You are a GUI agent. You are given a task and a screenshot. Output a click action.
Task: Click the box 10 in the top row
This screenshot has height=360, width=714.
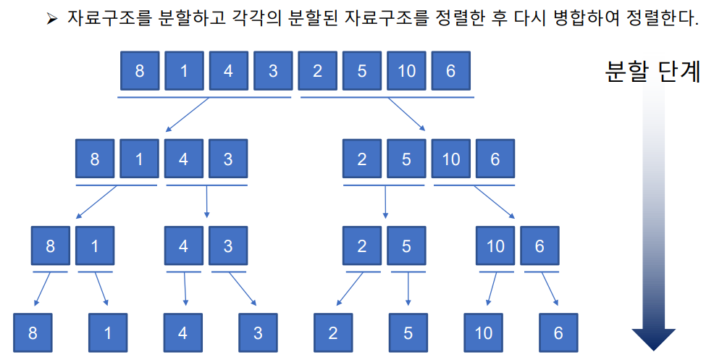click(406, 70)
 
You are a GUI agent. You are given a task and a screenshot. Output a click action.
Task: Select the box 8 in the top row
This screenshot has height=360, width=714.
click(140, 70)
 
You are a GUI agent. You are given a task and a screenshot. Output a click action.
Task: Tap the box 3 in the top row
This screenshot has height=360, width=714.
click(273, 70)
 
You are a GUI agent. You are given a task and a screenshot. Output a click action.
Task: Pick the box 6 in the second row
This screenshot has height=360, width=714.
click(495, 159)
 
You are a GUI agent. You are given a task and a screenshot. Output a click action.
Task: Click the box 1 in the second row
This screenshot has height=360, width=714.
click(140, 159)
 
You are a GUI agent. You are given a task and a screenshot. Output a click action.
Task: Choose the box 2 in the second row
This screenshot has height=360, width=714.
click(362, 159)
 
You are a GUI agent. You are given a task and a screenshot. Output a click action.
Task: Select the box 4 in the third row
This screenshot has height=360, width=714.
click(183, 246)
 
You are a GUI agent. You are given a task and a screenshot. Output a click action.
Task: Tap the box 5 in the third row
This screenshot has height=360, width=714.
click(406, 246)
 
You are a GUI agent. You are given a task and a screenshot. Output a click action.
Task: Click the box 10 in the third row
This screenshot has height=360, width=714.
click(495, 246)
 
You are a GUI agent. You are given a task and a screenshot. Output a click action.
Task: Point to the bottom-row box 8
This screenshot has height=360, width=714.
click(33, 333)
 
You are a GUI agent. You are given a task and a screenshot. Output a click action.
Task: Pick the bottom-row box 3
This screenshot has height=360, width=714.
click(259, 333)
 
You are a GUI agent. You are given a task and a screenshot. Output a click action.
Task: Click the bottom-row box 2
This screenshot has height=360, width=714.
click(333, 333)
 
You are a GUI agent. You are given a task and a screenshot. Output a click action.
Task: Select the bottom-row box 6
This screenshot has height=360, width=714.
click(558, 333)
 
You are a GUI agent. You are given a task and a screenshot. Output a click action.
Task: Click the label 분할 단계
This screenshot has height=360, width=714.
click(652, 72)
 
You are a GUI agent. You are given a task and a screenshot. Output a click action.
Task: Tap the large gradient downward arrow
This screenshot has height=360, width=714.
click(653, 217)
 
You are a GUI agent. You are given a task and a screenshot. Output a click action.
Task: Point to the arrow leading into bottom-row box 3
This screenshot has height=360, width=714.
click(243, 290)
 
